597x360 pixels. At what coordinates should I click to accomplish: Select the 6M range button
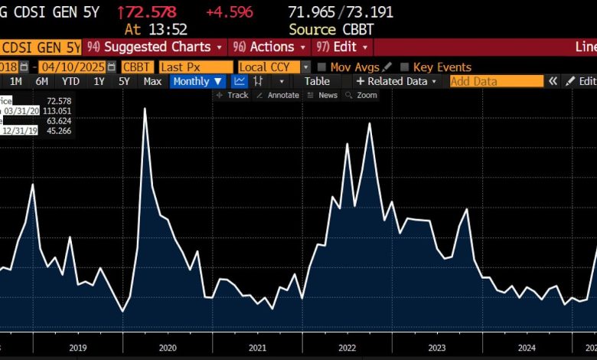41,81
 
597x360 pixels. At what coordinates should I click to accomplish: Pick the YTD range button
70,81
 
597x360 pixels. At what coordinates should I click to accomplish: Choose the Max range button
152,81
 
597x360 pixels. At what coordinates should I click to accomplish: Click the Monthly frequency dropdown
197,81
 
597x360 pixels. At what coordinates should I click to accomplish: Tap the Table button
317,81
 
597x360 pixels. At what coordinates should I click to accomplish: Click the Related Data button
396,81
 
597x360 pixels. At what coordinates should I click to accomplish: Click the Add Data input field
495,81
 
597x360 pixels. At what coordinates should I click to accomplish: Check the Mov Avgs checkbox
322,67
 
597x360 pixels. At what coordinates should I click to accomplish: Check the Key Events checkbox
405,67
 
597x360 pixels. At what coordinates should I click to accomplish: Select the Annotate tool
278,95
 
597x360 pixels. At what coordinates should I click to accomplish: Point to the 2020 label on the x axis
168,348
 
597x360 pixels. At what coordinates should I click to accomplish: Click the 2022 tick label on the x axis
347,348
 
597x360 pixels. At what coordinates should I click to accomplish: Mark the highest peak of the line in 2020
145,109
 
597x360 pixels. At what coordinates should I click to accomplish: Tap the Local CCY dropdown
273,67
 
